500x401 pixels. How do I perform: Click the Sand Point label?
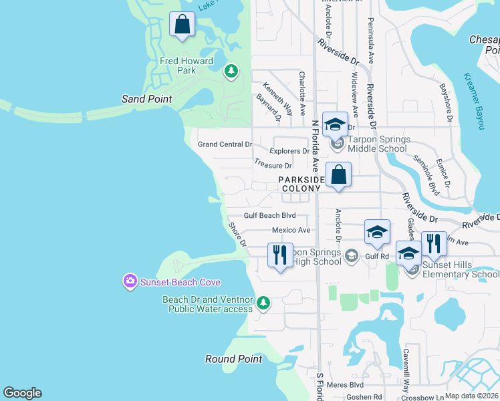point(146,99)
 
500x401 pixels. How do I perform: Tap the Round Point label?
point(233,359)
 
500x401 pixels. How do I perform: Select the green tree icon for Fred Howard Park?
point(231,71)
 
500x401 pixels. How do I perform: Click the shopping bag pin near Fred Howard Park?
point(182,25)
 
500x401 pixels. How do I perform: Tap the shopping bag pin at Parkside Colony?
point(339,175)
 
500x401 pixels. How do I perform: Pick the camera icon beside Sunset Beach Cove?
point(130,282)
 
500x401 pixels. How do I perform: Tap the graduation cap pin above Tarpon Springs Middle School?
point(335,124)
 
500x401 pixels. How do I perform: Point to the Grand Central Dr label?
point(225,144)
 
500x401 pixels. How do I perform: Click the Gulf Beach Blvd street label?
point(269,215)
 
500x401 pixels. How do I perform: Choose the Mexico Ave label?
point(291,230)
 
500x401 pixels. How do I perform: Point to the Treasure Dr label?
point(273,165)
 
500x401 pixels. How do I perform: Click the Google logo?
point(22,393)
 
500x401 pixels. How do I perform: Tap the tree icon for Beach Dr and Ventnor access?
point(263,303)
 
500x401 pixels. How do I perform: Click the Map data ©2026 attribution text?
point(471,396)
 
